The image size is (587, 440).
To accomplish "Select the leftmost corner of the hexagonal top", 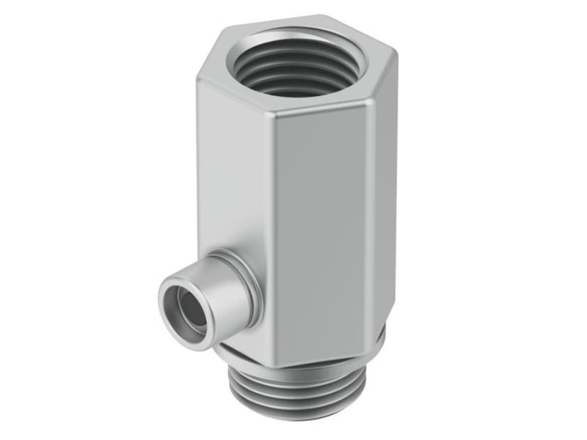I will [199, 78].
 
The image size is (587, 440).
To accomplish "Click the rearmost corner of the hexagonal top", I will [323, 16].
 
